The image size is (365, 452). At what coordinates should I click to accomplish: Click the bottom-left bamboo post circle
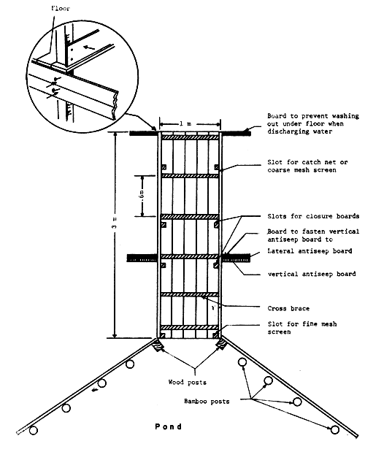34,431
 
